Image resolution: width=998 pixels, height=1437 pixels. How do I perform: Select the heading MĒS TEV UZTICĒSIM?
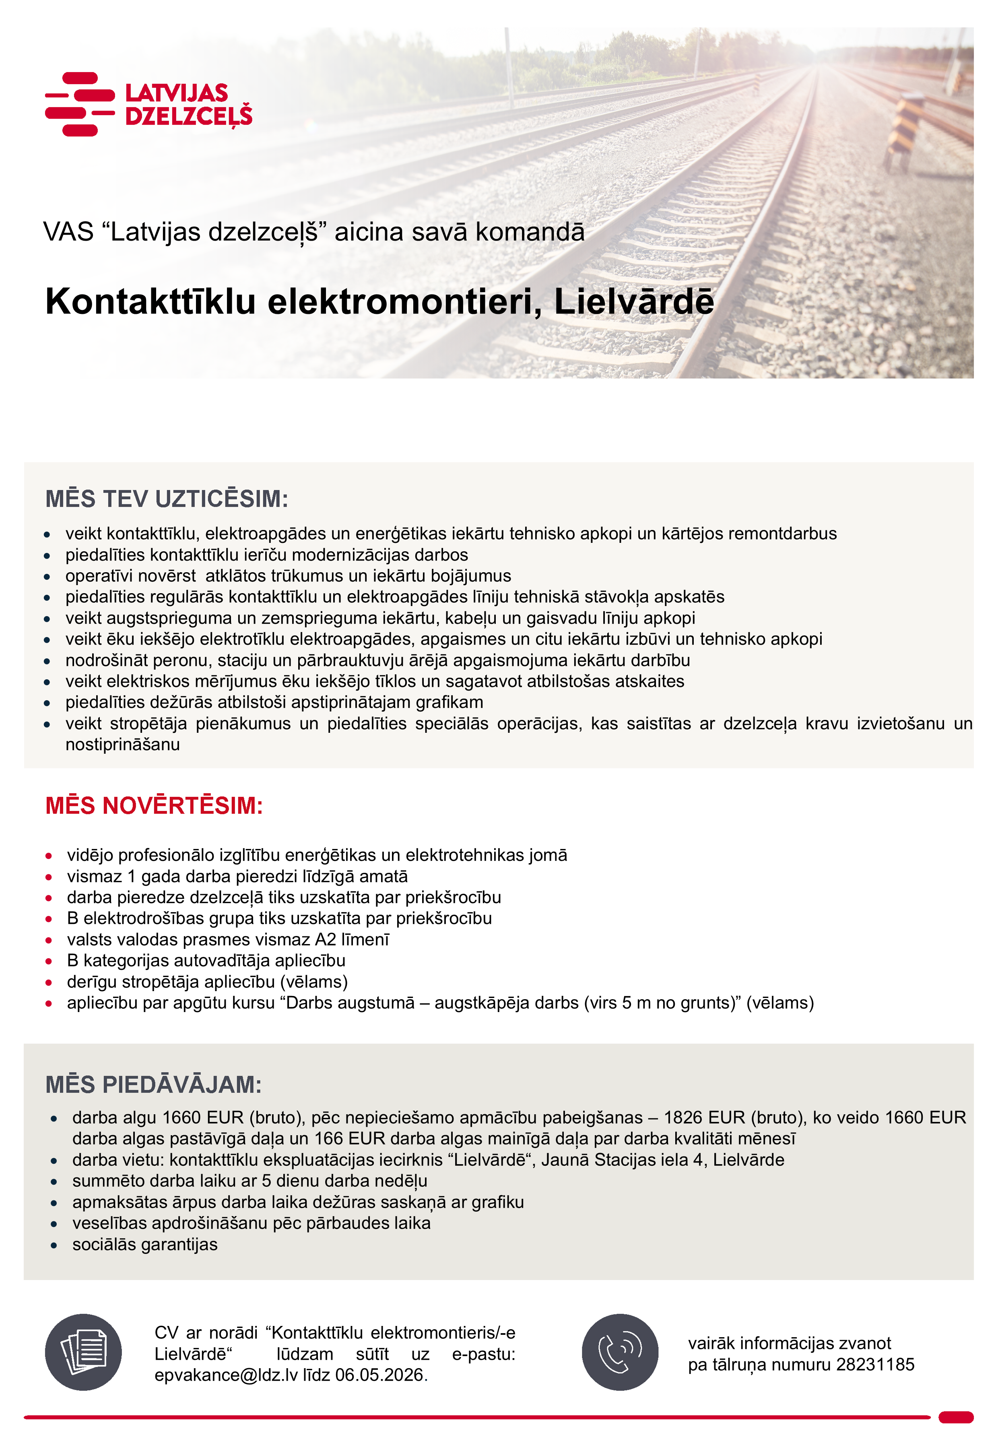coord(166,499)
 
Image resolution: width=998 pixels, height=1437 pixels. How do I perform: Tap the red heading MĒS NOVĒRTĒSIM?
coord(154,806)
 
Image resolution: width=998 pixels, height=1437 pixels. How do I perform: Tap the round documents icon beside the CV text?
coord(83,1352)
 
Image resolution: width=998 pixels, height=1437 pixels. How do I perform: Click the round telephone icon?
coord(620,1352)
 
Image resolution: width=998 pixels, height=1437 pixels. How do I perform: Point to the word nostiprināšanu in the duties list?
coord(123,744)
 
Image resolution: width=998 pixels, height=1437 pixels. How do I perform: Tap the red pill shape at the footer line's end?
coord(955,1417)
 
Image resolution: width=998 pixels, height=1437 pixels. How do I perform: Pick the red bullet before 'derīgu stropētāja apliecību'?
coord(49,982)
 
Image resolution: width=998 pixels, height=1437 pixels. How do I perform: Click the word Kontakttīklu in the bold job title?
coord(151,301)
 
